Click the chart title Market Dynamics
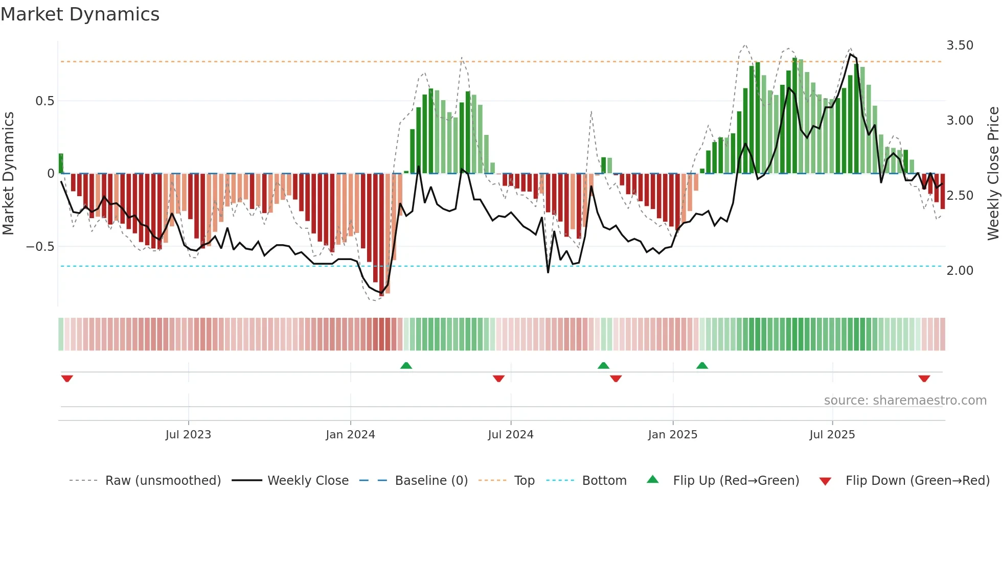(80, 14)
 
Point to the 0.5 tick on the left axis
(44, 101)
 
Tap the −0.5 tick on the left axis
(40, 247)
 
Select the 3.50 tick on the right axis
(960, 45)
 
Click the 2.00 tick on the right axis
(960, 271)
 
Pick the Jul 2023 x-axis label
(188, 435)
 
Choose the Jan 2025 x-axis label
(672, 435)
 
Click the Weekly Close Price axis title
(993, 174)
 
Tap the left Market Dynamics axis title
(8, 174)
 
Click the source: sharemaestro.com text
(905, 401)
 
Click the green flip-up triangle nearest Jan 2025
(702, 366)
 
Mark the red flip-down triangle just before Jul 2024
(498, 379)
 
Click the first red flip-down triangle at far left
(67, 379)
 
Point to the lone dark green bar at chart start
(61, 163)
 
